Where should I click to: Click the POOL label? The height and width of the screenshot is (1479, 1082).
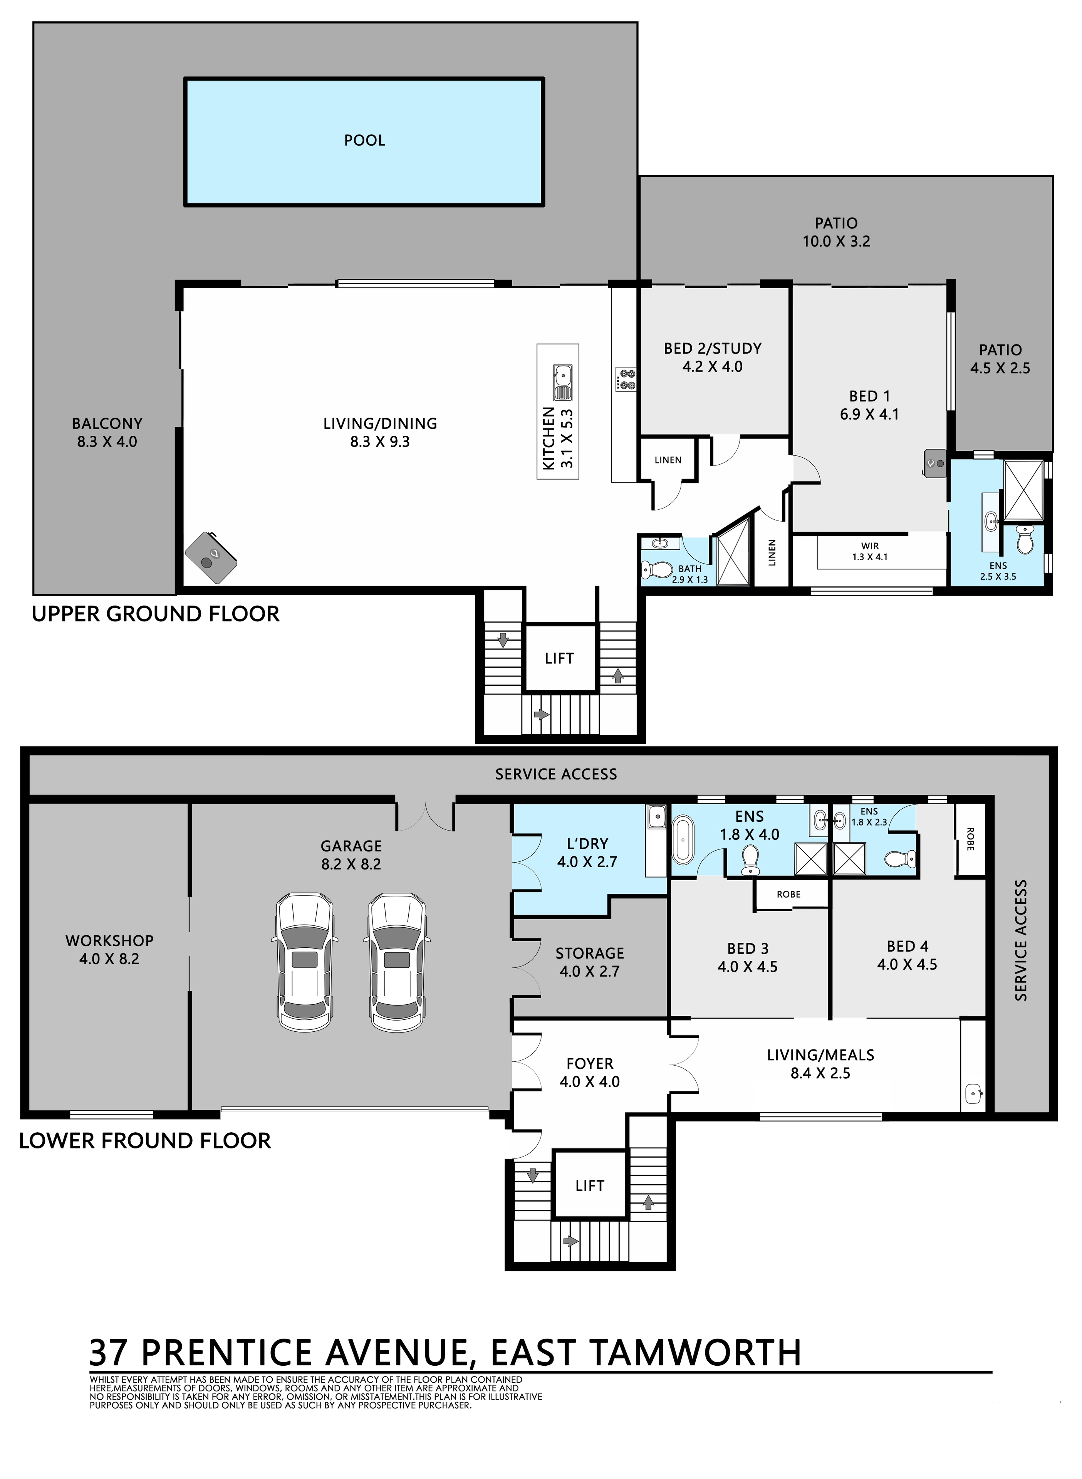tap(365, 140)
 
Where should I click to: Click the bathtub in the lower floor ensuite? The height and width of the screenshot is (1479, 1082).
tap(684, 839)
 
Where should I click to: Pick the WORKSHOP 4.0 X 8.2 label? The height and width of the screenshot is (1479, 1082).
tap(109, 949)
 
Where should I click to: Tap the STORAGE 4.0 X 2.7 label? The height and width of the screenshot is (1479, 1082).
tap(589, 962)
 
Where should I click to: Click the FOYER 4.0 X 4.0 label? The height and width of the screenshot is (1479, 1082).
tap(589, 1072)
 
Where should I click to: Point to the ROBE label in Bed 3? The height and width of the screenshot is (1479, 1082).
tap(788, 894)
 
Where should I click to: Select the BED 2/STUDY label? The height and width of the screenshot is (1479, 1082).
tap(713, 348)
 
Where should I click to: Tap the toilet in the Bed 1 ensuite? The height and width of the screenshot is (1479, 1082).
tap(1024, 541)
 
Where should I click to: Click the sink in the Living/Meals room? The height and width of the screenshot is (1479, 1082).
tap(974, 1092)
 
